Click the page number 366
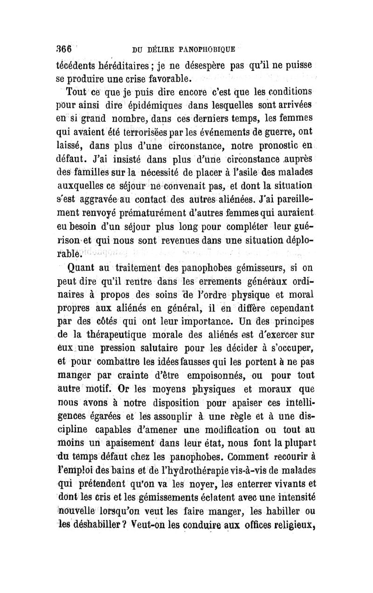63,48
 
